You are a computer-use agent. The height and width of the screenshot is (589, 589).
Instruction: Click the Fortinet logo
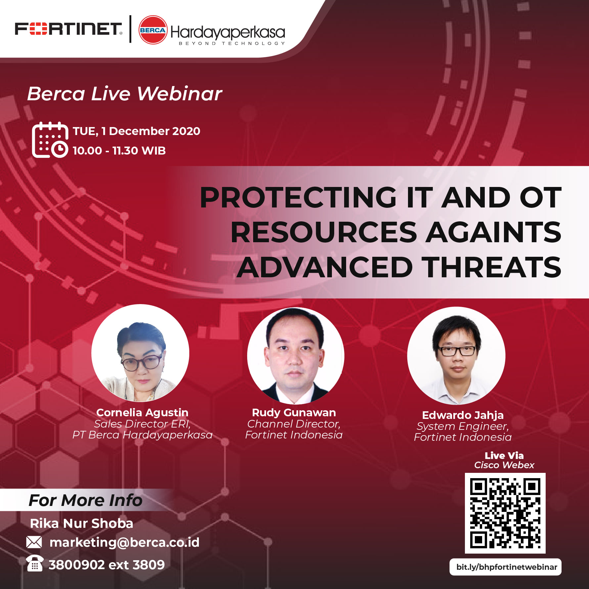pos(68,29)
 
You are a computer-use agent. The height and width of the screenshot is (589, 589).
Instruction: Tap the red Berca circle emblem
pos(153,30)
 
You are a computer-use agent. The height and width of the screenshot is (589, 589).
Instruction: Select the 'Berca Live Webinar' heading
pos(124,94)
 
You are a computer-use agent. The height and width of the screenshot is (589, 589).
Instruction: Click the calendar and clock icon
pos(50,140)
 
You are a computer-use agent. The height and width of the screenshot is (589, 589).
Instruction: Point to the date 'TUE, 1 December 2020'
pos(136,131)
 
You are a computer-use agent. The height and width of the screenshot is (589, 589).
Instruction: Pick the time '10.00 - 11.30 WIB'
pos(119,151)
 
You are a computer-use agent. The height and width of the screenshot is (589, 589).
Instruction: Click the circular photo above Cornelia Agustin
pos(140,353)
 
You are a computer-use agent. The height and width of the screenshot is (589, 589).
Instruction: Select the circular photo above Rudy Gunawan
pos(295,356)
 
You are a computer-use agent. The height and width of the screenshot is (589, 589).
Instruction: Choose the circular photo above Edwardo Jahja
pos(456,356)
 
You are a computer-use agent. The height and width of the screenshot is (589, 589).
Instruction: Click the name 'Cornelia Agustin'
pos(142,413)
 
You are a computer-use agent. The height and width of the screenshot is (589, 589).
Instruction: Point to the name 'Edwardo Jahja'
pos(463,415)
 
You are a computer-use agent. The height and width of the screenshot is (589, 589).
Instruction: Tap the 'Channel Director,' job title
pos(294,424)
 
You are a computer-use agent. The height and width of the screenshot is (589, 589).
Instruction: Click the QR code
pos(505,513)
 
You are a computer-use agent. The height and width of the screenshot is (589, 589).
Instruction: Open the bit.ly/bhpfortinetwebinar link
pos(506,567)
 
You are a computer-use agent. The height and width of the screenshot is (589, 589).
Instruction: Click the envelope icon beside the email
pos(34,542)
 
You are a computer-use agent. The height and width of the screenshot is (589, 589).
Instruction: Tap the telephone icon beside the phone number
pos(35,563)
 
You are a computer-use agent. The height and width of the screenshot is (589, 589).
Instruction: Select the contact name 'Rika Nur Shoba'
pos(81,523)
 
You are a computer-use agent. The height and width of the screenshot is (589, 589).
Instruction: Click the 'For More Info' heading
pos(85,500)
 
